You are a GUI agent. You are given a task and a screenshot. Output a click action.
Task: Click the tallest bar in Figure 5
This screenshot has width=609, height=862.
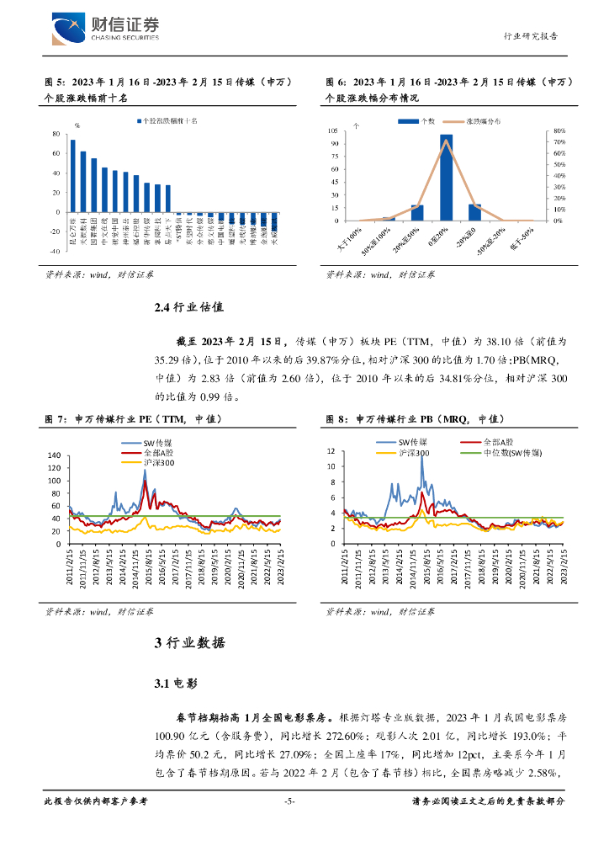coord(73,175)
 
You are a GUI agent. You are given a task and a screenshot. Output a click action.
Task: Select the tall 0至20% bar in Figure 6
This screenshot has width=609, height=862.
coord(446,177)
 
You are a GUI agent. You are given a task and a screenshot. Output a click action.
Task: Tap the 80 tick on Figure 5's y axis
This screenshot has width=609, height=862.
coord(55,134)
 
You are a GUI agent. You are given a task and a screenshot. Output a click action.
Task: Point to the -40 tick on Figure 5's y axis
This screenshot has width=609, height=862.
coord(54,251)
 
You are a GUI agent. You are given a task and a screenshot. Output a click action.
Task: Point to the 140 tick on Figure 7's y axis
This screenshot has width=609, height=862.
coord(55,455)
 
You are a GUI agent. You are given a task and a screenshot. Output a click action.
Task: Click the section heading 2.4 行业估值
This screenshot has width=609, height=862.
coord(188,307)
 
